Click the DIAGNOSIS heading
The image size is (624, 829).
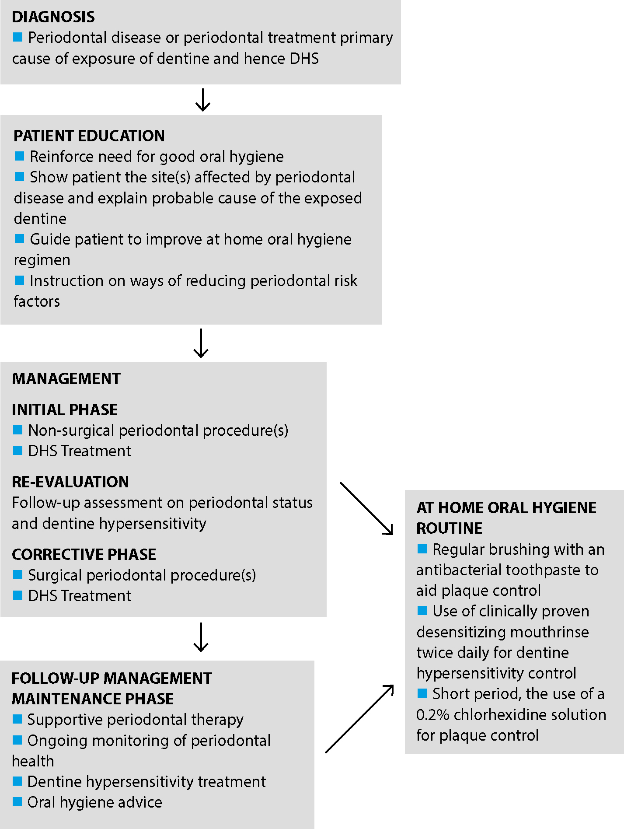(x=53, y=17)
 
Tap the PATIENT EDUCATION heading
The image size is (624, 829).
(x=89, y=136)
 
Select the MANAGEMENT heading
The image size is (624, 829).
(x=66, y=379)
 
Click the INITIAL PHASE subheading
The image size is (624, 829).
(x=65, y=410)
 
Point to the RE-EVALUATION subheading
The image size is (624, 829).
(x=70, y=482)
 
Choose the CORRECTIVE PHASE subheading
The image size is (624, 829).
(x=84, y=555)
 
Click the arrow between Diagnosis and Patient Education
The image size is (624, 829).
(x=202, y=100)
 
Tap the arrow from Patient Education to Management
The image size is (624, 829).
(x=201, y=343)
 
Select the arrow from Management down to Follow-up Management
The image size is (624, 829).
(x=201, y=637)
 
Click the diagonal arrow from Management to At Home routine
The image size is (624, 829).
(x=366, y=508)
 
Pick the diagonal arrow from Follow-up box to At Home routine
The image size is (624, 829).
(x=359, y=719)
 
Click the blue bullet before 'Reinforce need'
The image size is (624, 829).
(x=19, y=156)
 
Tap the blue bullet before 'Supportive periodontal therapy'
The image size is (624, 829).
(x=17, y=719)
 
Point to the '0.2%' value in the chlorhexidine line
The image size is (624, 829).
(x=433, y=715)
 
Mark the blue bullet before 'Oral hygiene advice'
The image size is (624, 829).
(x=17, y=801)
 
